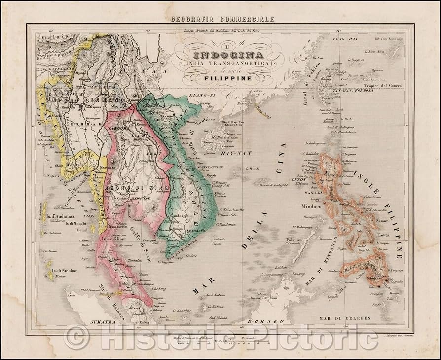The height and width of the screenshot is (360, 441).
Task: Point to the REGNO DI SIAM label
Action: click(141, 189)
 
